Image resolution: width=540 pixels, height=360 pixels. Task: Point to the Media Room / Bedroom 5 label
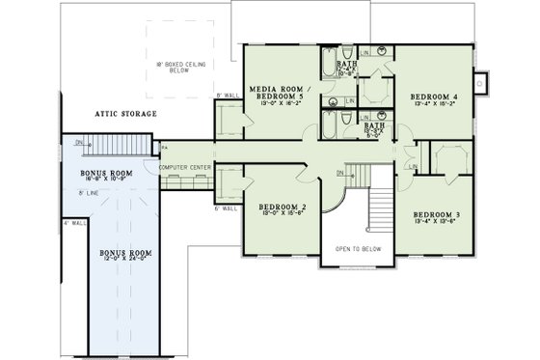[x=277, y=94]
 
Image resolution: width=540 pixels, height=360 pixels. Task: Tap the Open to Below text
[x=359, y=248]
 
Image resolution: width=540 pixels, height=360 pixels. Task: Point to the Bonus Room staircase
[x=117, y=146]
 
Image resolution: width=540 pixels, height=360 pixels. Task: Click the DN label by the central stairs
[x=340, y=174]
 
